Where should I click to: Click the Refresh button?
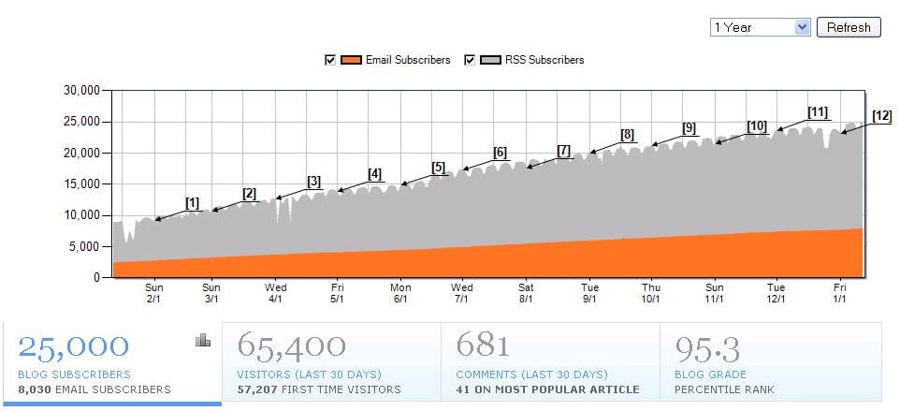click(x=849, y=27)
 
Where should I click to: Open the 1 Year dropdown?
click(x=760, y=27)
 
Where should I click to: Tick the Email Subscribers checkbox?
click(x=329, y=60)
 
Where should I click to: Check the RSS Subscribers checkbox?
click(x=470, y=60)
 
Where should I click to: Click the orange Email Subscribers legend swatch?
click(x=352, y=60)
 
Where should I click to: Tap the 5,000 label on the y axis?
click(x=85, y=247)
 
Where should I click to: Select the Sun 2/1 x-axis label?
click(x=154, y=293)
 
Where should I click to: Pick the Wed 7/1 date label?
click(x=462, y=293)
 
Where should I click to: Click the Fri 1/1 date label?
click(x=840, y=293)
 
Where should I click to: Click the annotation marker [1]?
click(x=192, y=203)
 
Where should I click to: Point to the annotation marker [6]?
click(x=500, y=153)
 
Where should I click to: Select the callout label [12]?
click(x=881, y=116)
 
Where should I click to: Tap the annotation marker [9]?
click(x=689, y=128)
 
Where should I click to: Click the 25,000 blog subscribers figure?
click(x=74, y=346)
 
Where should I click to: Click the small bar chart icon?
click(x=203, y=341)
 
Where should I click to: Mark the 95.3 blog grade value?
click(x=708, y=349)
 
